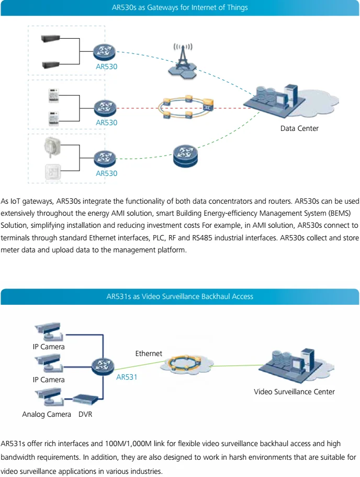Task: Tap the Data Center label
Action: pos(299,128)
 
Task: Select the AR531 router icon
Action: pos(102,365)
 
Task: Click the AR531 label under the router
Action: pos(127,376)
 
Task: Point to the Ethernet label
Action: pos(149,353)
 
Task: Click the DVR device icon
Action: pos(86,400)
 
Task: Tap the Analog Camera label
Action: pos(47,414)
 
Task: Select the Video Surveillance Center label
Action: pos(294,392)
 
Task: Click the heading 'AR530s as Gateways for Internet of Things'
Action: pos(180,8)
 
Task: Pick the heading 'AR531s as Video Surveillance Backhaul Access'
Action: pos(180,296)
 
